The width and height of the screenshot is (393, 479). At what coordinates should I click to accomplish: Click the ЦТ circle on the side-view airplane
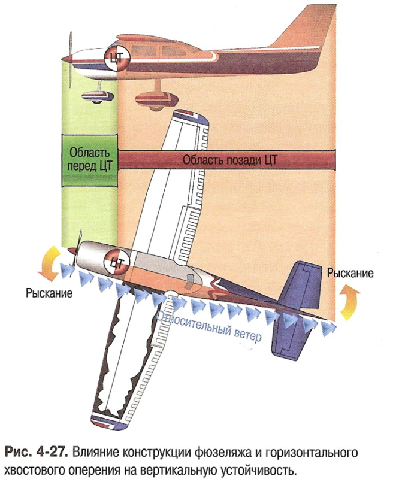[116, 58]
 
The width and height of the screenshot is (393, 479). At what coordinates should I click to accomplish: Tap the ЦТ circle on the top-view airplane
[117, 262]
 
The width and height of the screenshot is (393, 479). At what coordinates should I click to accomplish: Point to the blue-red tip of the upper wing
[192, 116]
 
